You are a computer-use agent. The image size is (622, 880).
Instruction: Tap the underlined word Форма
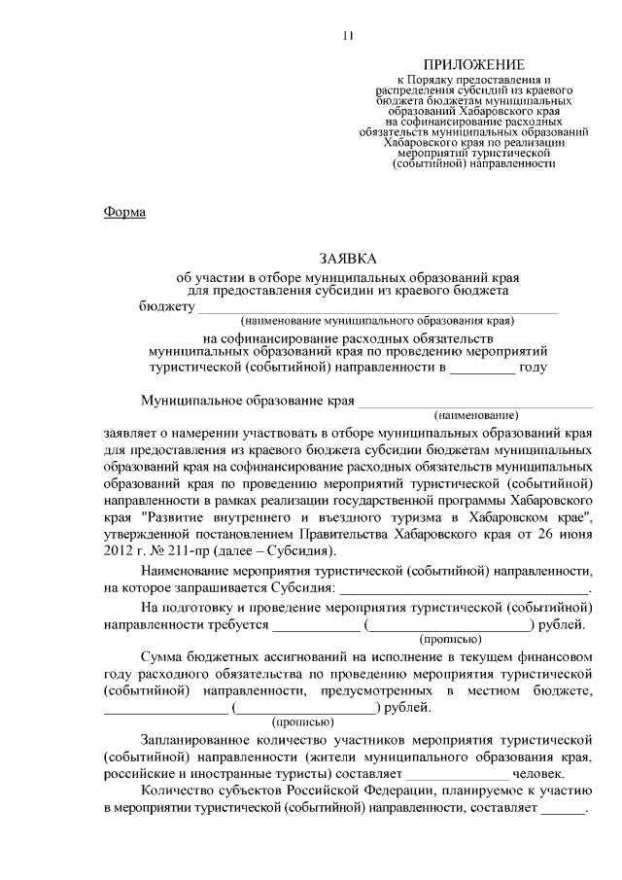click(124, 212)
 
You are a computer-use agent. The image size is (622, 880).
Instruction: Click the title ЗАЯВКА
click(347, 259)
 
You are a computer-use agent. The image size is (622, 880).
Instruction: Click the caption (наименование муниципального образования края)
click(377, 320)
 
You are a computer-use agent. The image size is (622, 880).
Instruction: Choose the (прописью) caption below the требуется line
click(449, 639)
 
